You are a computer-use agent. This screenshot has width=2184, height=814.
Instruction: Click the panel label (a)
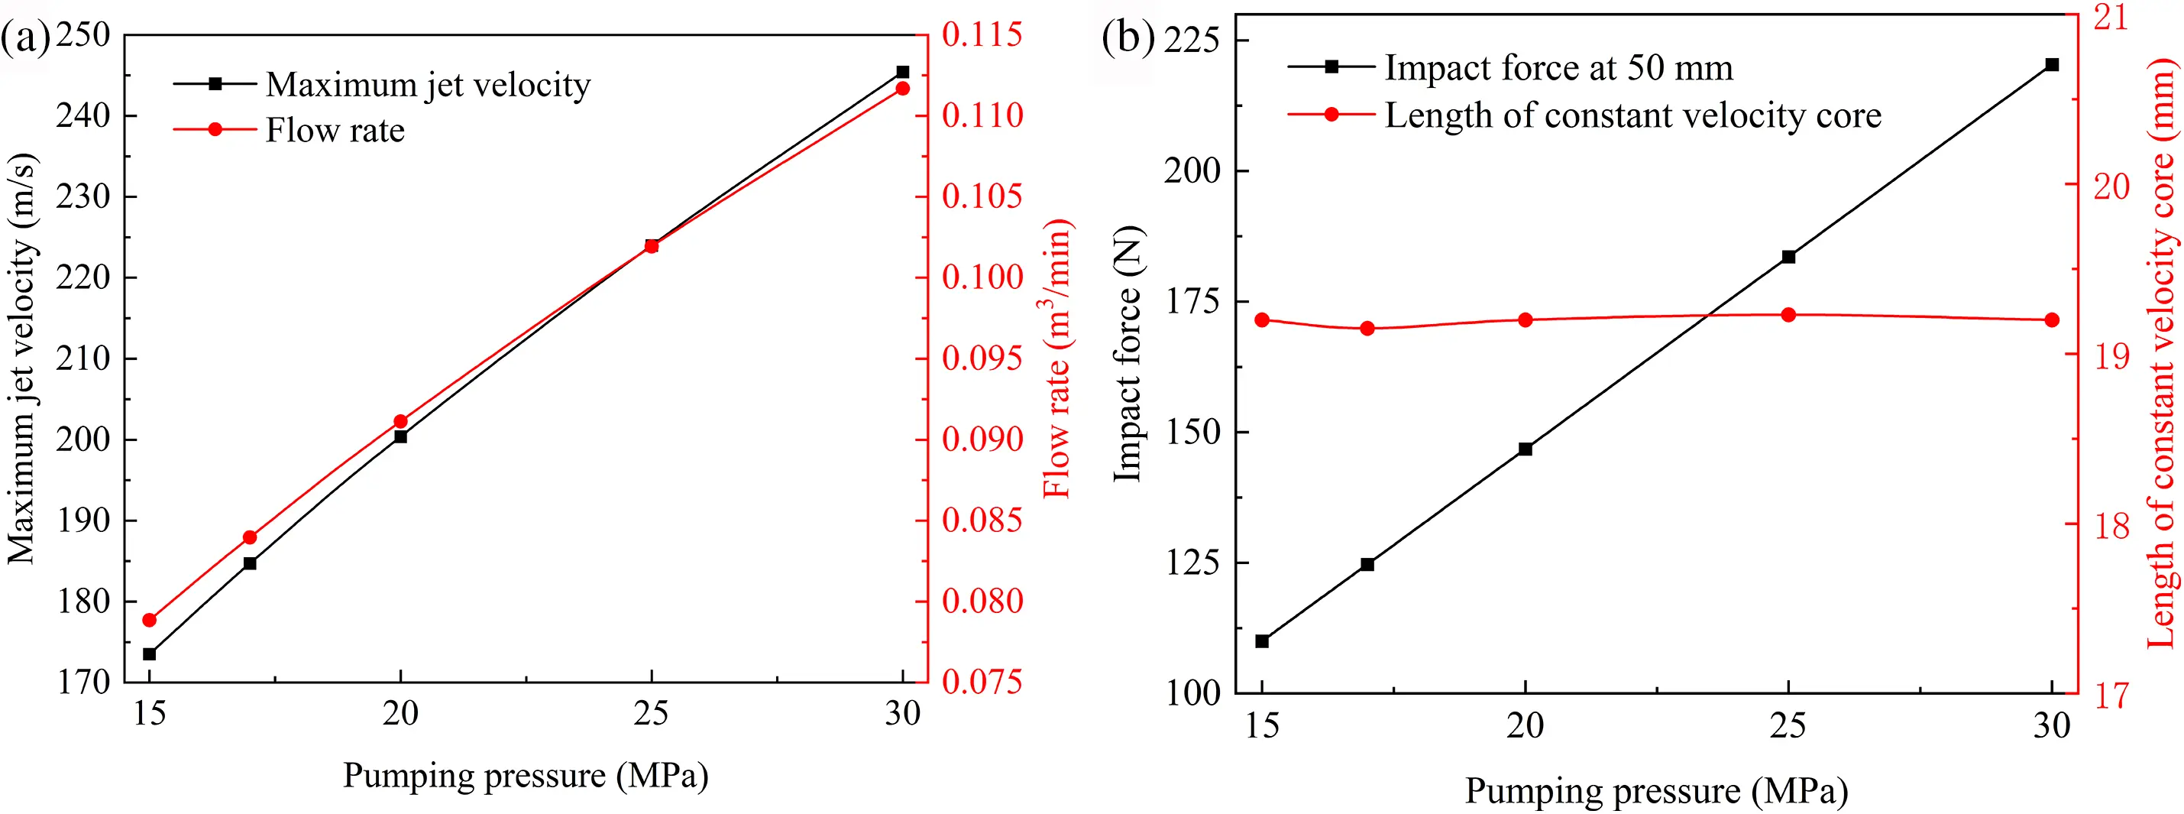click(x=26, y=39)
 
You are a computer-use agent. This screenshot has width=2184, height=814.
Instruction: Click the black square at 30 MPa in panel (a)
click(x=903, y=72)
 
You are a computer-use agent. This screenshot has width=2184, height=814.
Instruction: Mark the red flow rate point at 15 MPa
click(x=150, y=620)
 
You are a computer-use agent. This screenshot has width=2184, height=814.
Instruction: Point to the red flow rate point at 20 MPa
click(x=401, y=421)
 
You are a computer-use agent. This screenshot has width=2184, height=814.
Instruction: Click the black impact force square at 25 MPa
click(x=1789, y=257)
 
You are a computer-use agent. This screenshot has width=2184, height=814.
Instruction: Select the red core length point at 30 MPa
click(x=2053, y=319)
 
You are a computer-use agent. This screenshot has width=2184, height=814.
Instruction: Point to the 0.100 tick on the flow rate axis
click(x=982, y=277)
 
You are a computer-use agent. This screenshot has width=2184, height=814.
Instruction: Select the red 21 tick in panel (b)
click(x=2111, y=17)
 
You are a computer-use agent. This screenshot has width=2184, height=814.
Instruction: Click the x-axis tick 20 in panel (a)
click(x=400, y=714)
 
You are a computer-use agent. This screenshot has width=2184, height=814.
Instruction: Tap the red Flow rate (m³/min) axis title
click(x=1057, y=358)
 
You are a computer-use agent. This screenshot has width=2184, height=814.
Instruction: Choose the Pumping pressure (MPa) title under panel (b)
click(x=1656, y=791)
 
